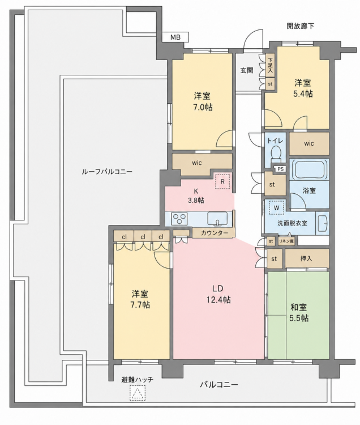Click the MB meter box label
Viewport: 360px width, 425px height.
175,37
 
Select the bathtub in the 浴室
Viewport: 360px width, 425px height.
309,169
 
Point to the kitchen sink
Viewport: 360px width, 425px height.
217,219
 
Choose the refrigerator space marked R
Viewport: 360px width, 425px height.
222,181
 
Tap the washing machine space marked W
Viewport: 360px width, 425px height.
276,208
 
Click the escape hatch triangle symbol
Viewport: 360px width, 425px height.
138,392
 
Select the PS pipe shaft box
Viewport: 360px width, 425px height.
280,169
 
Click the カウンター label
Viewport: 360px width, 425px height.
215,232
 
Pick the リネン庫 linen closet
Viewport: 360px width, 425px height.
286,241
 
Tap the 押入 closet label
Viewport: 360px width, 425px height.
306,258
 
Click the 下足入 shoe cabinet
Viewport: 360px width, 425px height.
270,65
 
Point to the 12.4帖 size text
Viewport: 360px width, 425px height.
217,300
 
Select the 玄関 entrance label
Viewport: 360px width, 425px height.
247,70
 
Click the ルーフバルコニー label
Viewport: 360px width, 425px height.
107,172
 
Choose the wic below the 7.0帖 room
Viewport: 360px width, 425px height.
197,163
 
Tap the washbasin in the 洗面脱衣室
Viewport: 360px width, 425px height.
322,223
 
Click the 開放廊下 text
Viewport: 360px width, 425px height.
301,26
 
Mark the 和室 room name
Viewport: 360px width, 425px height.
298,307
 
